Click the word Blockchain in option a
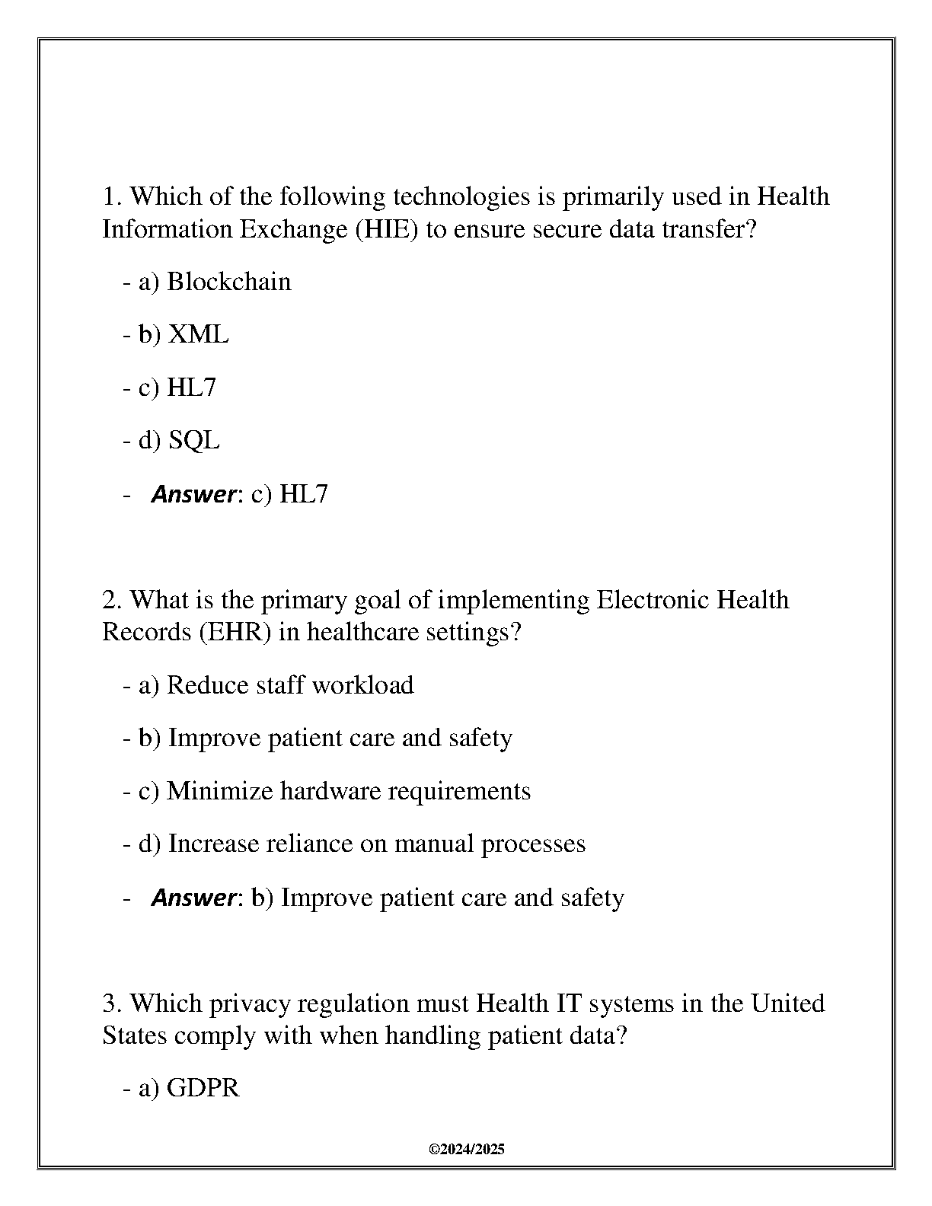click(x=228, y=282)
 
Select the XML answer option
click(x=197, y=334)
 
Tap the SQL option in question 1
click(x=193, y=440)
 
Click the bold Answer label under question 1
click(x=193, y=494)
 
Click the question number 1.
click(x=110, y=196)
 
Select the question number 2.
click(x=110, y=600)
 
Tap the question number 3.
click(x=110, y=1003)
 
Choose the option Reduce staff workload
click(x=289, y=685)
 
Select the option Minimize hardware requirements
click(x=348, y=791)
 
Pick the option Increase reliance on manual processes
click(x=376, y=844)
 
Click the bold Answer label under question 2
click(x=193, y=898)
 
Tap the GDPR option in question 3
click(x=203, y=1088)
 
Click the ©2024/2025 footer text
click(x=467, y=1150)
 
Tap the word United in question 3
click(x=788, y=1003)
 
